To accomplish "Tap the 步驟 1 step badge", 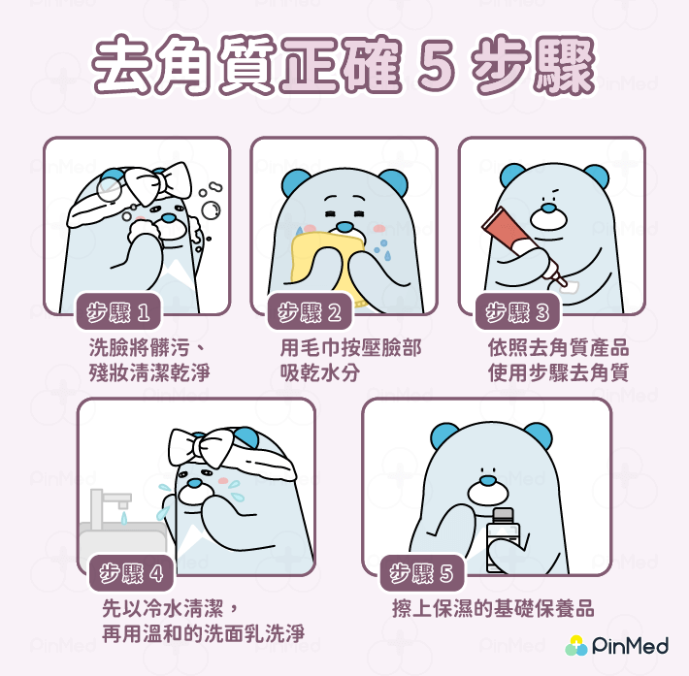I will click(118, 312).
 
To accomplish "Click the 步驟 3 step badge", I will click(517, 312).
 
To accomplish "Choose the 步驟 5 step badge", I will click(421, 574).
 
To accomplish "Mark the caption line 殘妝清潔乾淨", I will click(148, 372).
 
